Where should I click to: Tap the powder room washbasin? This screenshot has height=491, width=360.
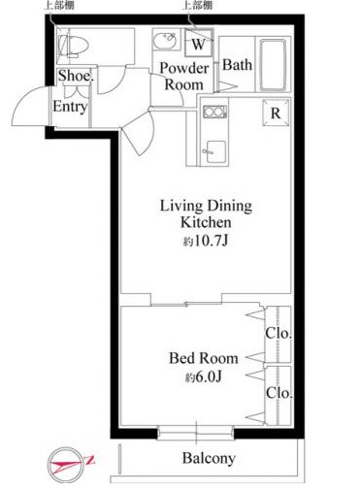click(x=166, y=40)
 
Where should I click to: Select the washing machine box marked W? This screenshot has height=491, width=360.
click(x=199, y=43)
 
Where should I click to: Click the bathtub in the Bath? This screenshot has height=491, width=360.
click(x=273, y=65)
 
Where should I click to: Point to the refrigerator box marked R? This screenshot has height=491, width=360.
click(x=276, y=113)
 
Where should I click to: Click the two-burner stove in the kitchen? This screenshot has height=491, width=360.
click(x=214, y=112)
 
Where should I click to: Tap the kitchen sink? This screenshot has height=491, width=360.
click(x=215, y=151)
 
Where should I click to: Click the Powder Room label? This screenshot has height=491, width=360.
click(x=184, y=77)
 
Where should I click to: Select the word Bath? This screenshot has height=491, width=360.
click(x=237, y=65)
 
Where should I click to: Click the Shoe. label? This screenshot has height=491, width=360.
click(x=76, y=76)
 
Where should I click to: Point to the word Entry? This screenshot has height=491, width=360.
click(x=70, y=107)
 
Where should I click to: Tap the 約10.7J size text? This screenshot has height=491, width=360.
click(x=206, y=241)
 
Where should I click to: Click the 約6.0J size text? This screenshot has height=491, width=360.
click(x=204, y=376)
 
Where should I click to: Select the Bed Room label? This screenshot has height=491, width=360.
click(x=204, y=358)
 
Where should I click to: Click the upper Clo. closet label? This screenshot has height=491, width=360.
click(x=278, y=333)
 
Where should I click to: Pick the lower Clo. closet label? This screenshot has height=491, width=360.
click(x=278, y=393)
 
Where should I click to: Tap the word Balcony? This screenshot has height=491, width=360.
click(x=209, y=458)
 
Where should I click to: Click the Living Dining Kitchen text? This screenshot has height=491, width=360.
click(x=206, y=213)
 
